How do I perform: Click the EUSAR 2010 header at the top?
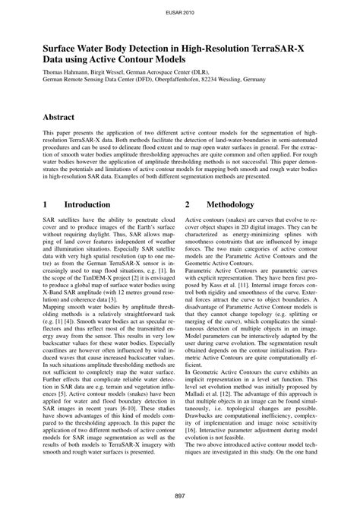(x=179, y=13)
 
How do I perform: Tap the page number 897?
(x=179, y=495)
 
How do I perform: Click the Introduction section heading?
(x=87, y=204)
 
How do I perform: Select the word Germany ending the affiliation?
(x=251, y=78)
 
